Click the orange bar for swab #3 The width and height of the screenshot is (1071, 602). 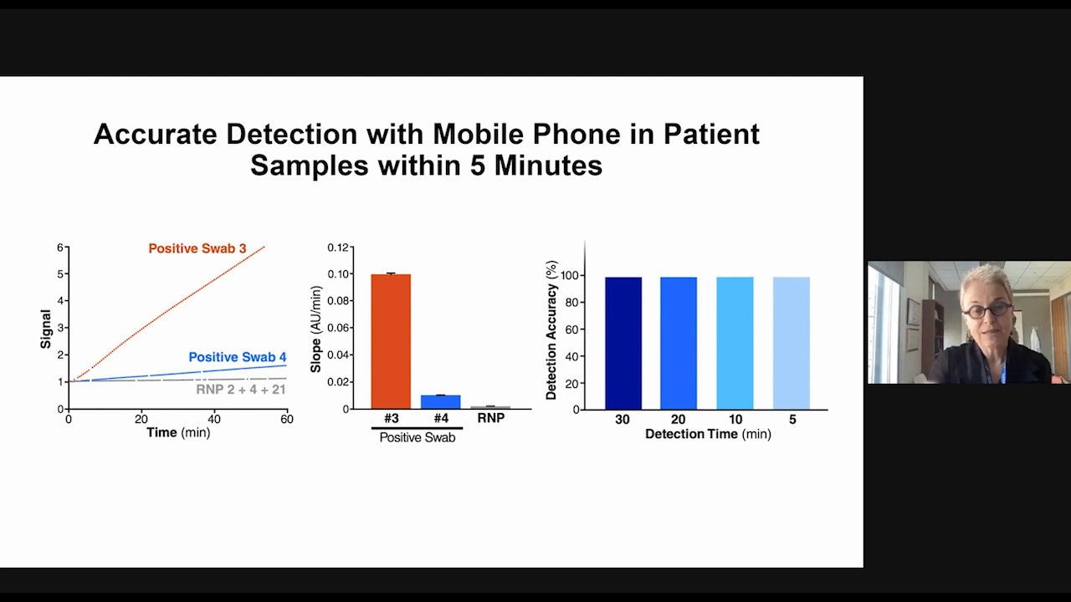click(391, 341)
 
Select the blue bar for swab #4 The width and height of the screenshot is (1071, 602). click(440, 402)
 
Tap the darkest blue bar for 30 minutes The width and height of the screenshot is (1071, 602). click(623, 343)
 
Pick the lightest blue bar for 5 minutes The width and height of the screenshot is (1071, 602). click(792, 343)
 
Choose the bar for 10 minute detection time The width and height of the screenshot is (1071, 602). click(735, 343)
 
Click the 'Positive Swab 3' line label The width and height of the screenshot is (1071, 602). click(197, 248)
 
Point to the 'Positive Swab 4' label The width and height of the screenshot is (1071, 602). click(238, 357)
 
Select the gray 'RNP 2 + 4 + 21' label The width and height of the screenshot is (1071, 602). click(241, 390)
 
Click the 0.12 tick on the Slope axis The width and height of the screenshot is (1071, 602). click(338, 247)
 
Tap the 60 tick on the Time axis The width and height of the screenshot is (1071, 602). click(287, 419)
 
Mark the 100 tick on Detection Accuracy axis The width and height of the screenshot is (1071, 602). click(570, 276)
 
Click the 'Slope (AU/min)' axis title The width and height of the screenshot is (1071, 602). click(315, 329)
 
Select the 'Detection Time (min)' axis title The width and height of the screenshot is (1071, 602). click(708, 434)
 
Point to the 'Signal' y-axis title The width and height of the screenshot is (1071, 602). click(45, 329)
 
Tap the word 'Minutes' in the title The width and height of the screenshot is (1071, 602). click(548, 166)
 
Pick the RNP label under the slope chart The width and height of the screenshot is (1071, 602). click(491, 418)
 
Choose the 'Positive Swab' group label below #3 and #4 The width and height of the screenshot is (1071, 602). click(418, 437)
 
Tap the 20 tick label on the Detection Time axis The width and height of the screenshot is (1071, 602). click(678, 420)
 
